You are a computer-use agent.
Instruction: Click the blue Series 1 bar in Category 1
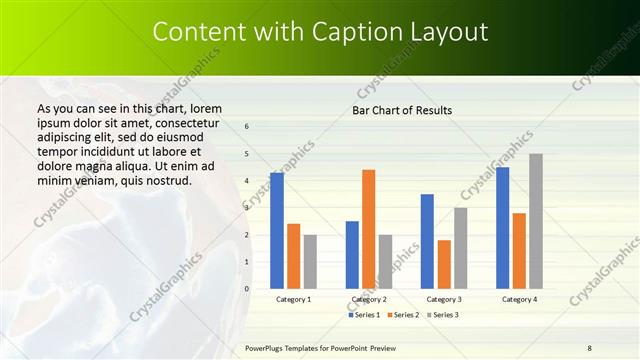pyautogui.click(x=277, y=231)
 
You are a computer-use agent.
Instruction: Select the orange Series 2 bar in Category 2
pyautogui.click(x=369, y=229)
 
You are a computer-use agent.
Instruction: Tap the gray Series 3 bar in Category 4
pyautogui.click(x=536, y=221)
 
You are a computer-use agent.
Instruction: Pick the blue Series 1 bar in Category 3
pyautogui.click(x=427, y=241)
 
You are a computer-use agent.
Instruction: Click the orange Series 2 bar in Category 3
pyautogui.click(x=444, y=264)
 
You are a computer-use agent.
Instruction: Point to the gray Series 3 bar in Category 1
pyautogui.click(x=310, y=262)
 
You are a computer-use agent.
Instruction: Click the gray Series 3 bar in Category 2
pyautogui.click(x=385, y=262)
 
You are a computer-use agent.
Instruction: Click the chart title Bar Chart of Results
pyautogui.click(x=402, y=110)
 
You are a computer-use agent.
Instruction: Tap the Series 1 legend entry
pyautogui.click(x=365, y=315)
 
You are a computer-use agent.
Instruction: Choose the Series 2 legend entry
pyautogui.click(x=403, y=315)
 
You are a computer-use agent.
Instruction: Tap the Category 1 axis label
pyautogui.click(x=293, y=299)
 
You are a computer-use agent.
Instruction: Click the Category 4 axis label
pyautogui.click(x=519, y=299)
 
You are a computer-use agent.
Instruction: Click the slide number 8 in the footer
pyautogui.click(x=589, y=347)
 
